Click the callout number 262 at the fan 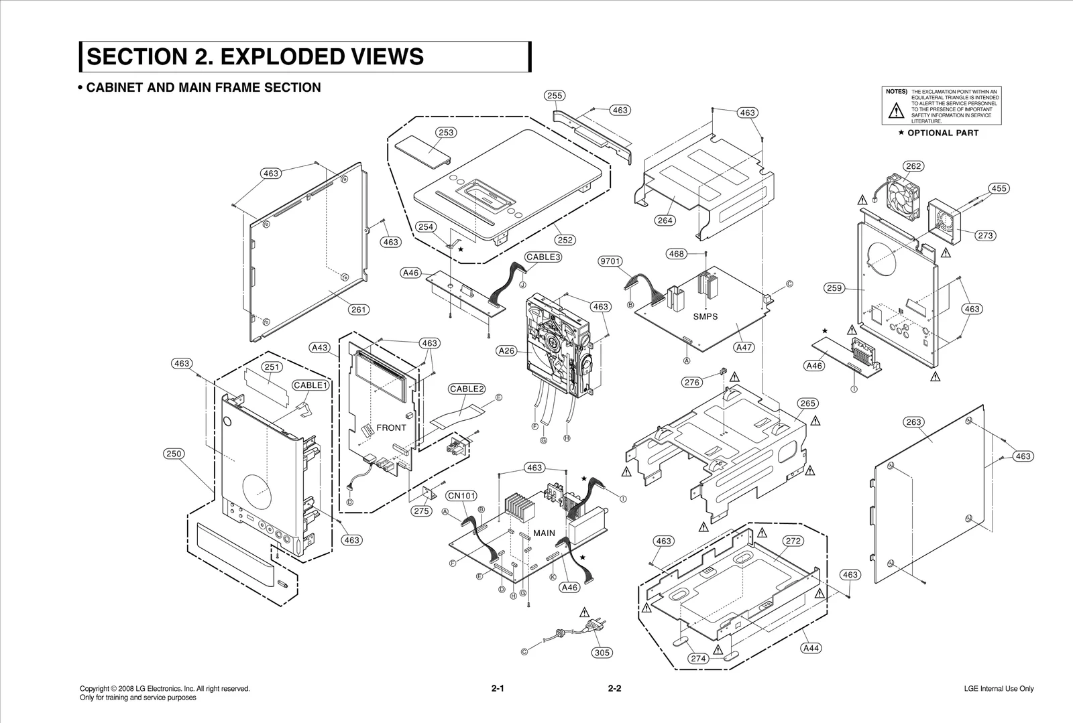pos(913,166)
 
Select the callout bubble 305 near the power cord pos(602,653)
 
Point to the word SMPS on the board pos(705,317)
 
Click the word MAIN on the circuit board pos(544,533)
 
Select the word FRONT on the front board pos(391,428)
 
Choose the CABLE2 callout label pos(466,389)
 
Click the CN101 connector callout pos(461,496)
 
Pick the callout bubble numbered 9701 pos(610,261)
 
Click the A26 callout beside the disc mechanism pos(507,350)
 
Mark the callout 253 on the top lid pos(446,133)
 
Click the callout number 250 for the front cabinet pos(174,454)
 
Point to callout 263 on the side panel pos(913,422)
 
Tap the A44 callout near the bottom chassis pos(811,648)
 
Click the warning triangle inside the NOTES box pos(896,111)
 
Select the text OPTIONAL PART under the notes pos(942,133)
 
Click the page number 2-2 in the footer pos(614,689)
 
